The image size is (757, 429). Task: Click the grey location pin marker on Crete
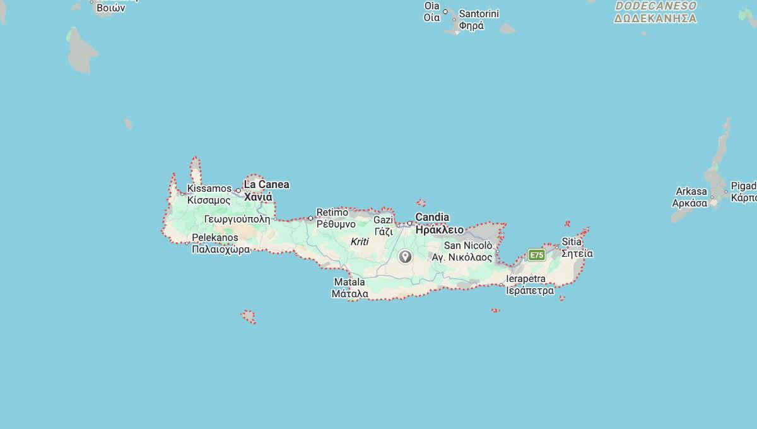tap(405, 256)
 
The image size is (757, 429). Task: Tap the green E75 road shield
tap(537, 255)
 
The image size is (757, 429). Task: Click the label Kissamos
tap(209, 189)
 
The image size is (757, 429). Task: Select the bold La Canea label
tap(266, 184)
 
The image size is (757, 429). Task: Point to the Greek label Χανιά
tap(258, 197)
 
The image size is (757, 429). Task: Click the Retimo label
tap(332, 212)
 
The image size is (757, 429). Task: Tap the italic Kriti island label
tap(360, 242)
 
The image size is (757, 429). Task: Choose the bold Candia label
tap(432, 217)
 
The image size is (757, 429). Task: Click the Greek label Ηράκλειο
tap(439, 230)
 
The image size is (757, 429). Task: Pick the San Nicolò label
tap(468, 245)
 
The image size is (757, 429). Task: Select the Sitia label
tap(572, 242)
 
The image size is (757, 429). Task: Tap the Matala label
tap(349, 282)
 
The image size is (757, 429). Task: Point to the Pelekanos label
tap(215, 237)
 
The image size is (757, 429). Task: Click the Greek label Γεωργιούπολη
tap(237, 220)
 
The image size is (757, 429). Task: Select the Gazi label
tap(383, 220)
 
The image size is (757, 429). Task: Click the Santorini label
tap(479, 13)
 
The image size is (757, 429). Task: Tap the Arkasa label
tap(691, 191)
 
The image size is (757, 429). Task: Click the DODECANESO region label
tap(655, 6)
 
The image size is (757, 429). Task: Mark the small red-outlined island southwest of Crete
tap(249, 316)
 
